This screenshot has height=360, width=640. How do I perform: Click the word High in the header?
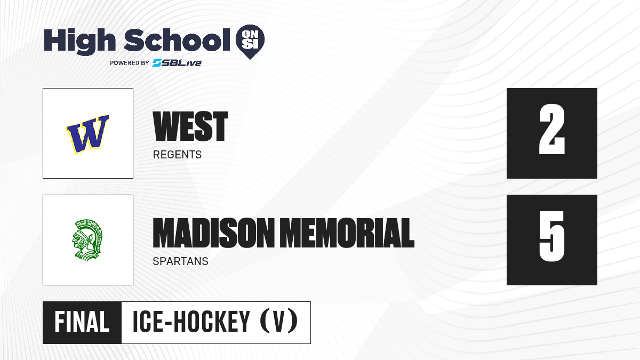point(79,42)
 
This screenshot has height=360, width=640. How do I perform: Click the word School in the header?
point(177,39)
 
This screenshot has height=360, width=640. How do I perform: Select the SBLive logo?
point(177,63)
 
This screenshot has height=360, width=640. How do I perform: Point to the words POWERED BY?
point(130,63)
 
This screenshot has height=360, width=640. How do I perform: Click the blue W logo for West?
point(87,134)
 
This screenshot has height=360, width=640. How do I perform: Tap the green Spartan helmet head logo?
point(87,240)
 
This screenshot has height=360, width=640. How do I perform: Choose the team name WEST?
point(190,126)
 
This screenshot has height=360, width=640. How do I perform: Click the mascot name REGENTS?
point(177,155)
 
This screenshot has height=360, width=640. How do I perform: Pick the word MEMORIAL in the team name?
point(347,233)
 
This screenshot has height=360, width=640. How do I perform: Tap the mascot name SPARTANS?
point(181,261)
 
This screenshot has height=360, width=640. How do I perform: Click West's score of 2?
point(552,129)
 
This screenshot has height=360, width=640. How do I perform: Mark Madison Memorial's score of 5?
point(552,236)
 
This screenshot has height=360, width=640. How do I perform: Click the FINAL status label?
point(82,322)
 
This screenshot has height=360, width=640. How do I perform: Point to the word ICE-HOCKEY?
point(191,322)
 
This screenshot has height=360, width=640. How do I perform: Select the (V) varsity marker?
point(279,322)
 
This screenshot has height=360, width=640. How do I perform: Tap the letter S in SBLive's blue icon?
point(157,63)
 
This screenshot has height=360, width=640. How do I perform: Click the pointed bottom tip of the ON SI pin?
point(250,59)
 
